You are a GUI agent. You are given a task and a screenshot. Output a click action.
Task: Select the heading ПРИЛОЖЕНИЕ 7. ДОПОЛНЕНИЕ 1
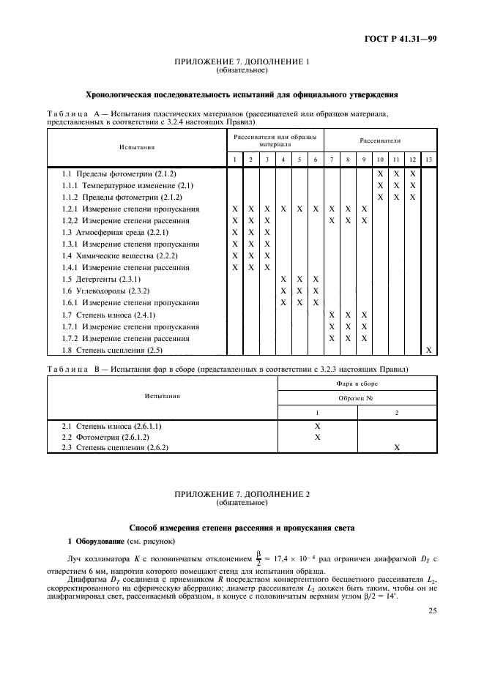[242, 62]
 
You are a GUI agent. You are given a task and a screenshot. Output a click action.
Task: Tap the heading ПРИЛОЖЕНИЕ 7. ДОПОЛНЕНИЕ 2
[242, 495]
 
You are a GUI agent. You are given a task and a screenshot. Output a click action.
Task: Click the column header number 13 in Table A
[428, 160]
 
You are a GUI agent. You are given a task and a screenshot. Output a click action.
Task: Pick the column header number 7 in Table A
[331, 160]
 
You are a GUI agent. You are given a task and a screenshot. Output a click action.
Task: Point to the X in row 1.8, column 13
[428, 350]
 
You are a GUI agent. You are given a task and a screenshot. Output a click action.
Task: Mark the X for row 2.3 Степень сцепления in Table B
[397, 447]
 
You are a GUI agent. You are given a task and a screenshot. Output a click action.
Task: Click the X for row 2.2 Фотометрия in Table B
[318, 436]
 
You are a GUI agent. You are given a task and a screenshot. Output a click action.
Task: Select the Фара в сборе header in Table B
[357, 383]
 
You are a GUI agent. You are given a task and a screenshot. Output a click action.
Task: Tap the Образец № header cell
[357, 397]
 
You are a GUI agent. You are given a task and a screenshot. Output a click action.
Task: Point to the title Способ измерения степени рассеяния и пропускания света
[242, 527]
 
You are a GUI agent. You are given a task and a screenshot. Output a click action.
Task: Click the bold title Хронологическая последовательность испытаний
[242, 94]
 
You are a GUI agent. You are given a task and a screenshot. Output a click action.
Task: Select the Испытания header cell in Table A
[137, 146]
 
